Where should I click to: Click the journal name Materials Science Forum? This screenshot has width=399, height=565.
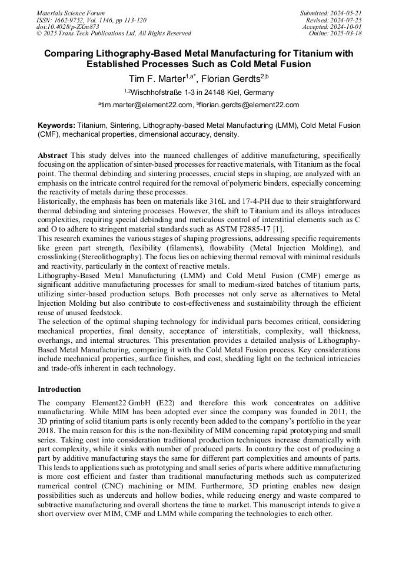[x=71, y=13]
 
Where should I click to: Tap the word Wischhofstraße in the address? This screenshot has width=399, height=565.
[x=155, y=92]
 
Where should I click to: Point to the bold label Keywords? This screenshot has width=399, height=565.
[x=56, y=125]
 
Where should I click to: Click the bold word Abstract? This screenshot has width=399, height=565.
[x=52, y=154]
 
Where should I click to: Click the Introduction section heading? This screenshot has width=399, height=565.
[x=59, y=389]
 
